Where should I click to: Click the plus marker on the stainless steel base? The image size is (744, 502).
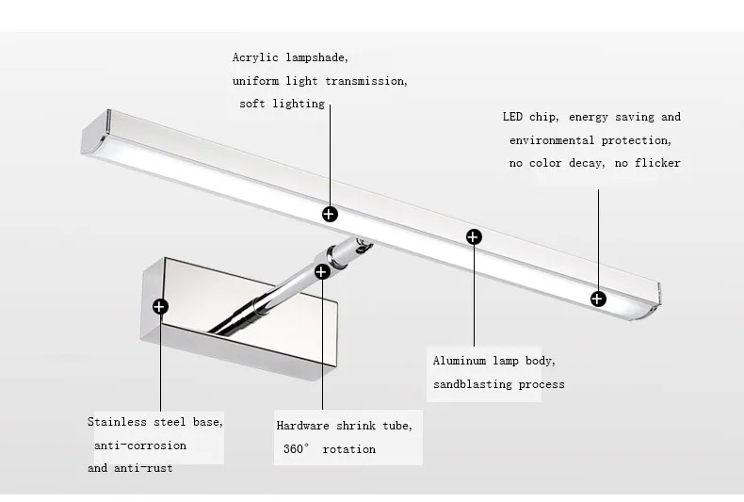click(x=160, y=305)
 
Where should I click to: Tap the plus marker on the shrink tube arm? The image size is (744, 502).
click(x=322, y=272)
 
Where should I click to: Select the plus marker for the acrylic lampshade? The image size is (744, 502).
click(x=330, y=214)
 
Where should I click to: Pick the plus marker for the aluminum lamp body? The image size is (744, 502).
click(x=474, y=235)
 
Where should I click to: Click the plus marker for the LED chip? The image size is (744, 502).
click(x=598, y=299)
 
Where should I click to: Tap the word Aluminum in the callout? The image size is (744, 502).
click(x=461, y=361)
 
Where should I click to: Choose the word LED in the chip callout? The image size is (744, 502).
click(x=513, y=117)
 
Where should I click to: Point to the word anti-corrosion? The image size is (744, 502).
click(x=140, y=445)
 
